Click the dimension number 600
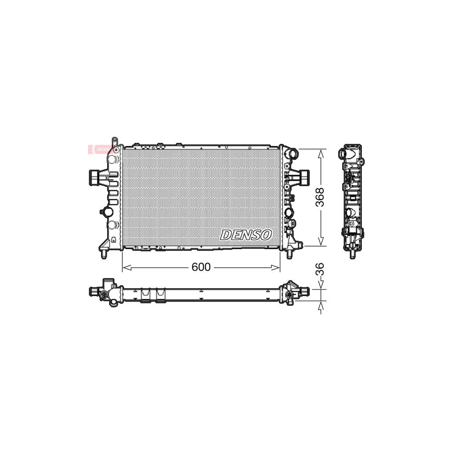pyautogui.click(x=201, y=267)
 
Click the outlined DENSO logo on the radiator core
pyautogui.click(x=246, y=235)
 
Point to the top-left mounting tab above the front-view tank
pyautogui.click(x=115, y=141)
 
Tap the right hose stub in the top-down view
pyautogui.click(x=303, y=291)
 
